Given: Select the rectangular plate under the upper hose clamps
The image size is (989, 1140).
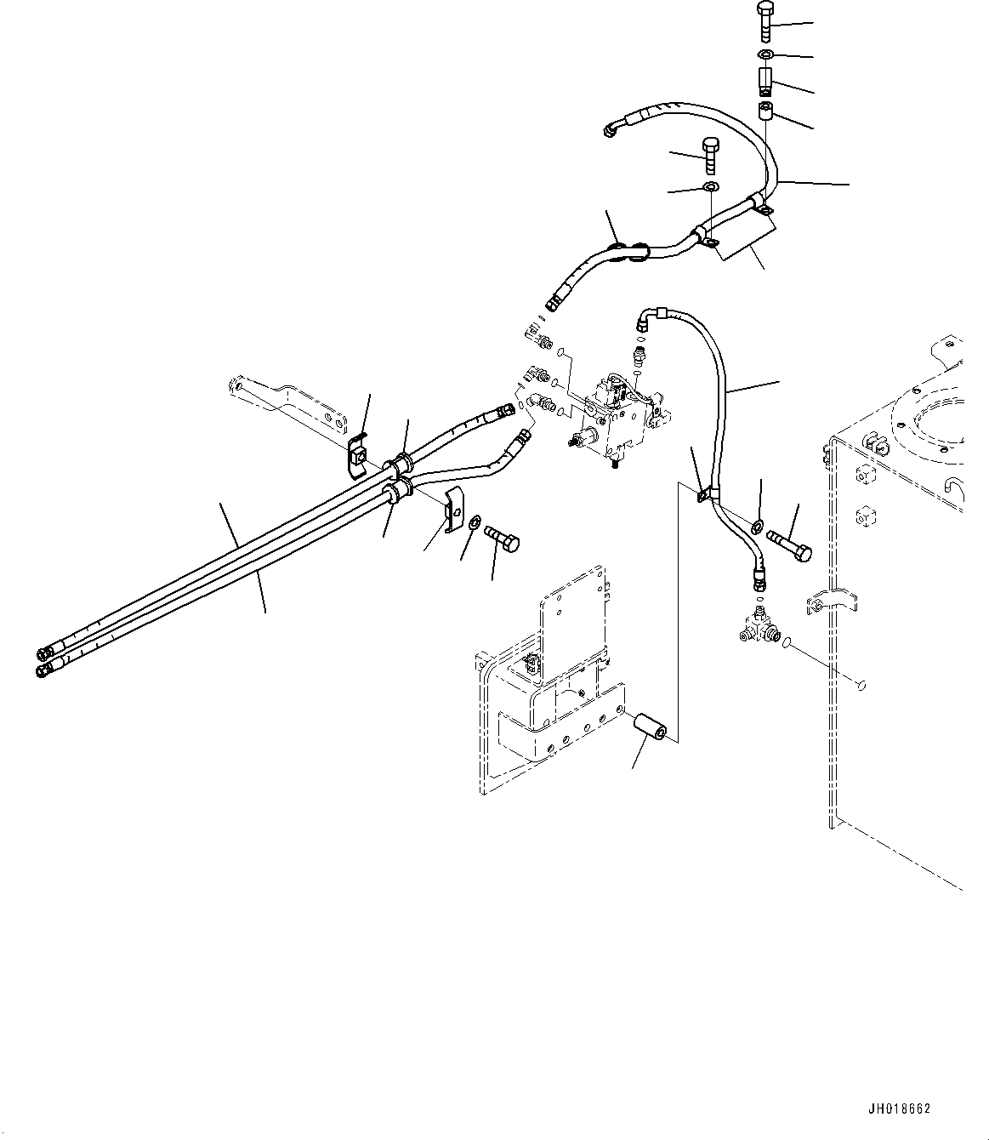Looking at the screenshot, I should (745, 233).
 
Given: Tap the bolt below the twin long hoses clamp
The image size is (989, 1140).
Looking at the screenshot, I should (503, 537).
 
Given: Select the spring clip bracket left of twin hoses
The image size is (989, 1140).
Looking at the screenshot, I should (358, 455).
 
